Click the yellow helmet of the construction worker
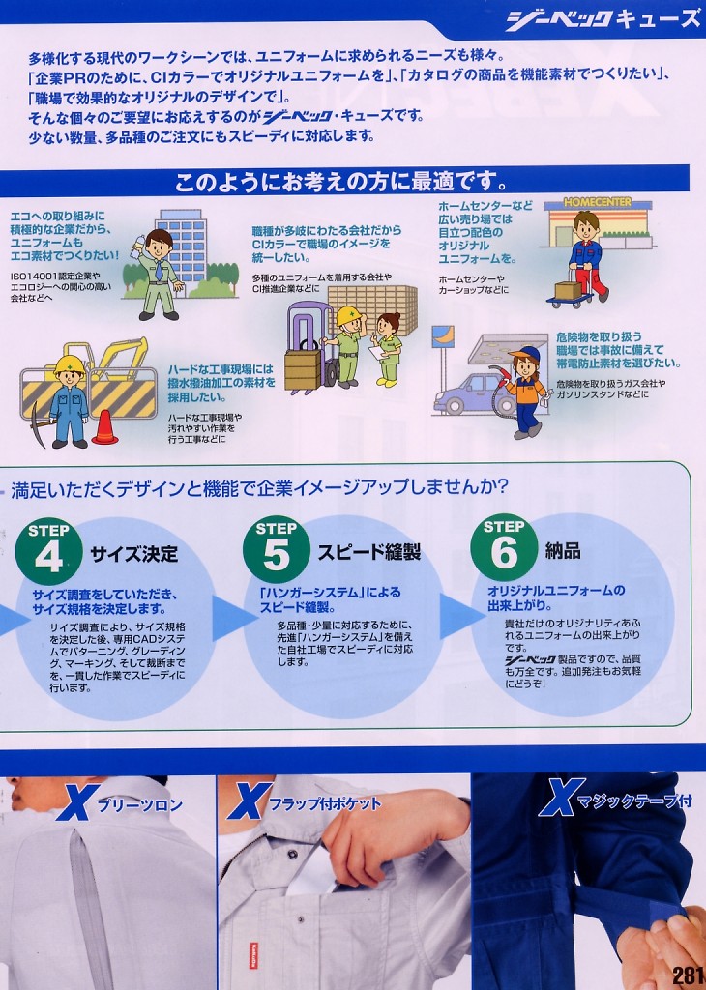tap(70, 364)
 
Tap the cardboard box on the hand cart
tap(568, 290)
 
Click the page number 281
tap(688, 975)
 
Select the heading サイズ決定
tap(133, 554)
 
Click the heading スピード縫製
tap(368, 552)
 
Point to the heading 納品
tap(562, 550)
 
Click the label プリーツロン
tap(139, 805)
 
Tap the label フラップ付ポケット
tap(325, 803)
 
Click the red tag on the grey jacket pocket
tap(253, 955)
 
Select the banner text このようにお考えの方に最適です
tap(341, 183)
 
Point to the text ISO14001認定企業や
tap(55, 277)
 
